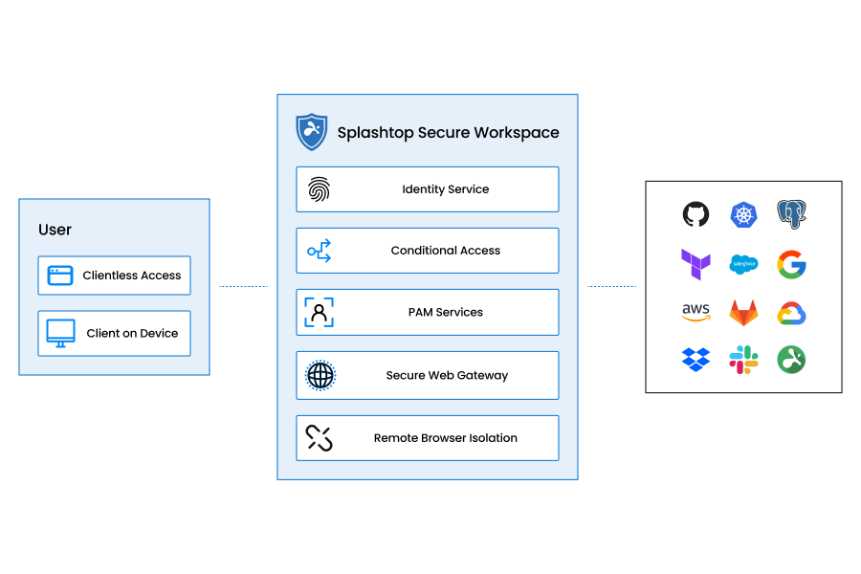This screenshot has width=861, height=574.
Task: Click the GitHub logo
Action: coord(695,214)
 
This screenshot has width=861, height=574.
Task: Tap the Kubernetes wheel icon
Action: coord(743,214)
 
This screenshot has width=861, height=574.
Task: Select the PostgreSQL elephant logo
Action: coord(791,214)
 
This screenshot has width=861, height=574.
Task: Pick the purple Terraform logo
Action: coord(695,264)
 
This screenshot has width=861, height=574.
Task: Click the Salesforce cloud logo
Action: coord(743,264)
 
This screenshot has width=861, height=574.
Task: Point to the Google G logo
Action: coord(791,264)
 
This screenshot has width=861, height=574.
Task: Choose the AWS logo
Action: coord(695,313)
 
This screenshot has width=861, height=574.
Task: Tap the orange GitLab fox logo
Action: coord(743,313)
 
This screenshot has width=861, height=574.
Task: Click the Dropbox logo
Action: coord(695,360)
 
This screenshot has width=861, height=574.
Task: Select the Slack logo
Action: coord(743,360)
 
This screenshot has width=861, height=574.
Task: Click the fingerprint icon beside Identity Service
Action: coord(319,189)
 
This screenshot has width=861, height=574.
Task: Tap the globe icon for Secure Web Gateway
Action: coord(320,375)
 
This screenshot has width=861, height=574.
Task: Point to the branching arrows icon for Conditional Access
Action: coord(319,251)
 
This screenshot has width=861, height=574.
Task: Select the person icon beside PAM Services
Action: coord(319,312)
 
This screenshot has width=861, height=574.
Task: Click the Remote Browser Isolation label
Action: coord(445,438)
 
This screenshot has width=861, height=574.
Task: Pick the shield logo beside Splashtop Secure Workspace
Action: coord(312,132)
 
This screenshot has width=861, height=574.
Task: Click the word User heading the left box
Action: coord(55,230)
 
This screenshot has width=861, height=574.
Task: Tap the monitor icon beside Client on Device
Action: coord(61,333)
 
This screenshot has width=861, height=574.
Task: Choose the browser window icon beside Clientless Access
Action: coord(61,276)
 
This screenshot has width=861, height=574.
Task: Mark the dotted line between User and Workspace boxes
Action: coord(243,286)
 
